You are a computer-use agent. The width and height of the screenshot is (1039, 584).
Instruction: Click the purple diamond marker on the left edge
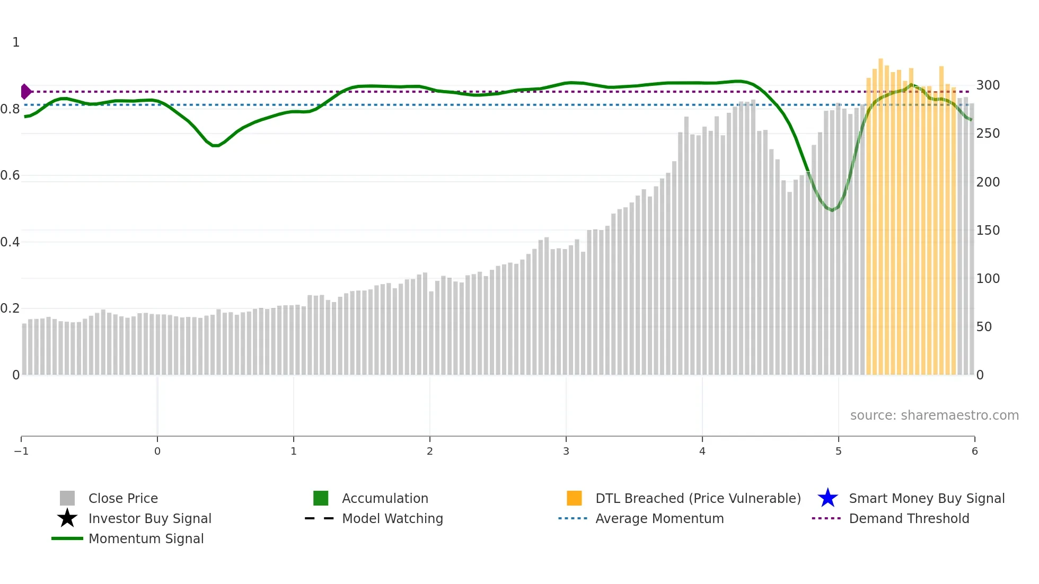[x=25, y=92]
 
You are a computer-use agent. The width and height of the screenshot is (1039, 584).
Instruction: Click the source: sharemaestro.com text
[x=934, y=415]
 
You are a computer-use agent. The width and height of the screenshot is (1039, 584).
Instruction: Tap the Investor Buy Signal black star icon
[x=67, y=518]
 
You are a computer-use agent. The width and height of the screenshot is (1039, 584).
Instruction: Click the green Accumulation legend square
[x=321, y=498]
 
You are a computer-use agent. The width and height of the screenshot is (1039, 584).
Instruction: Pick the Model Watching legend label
[x=392, y=519]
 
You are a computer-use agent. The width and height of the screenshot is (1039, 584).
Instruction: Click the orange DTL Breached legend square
[x=574, y=498]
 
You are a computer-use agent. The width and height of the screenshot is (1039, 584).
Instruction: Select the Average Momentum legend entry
[x=659, y=519]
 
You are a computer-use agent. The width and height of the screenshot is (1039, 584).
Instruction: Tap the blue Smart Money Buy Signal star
[x=827, y=498]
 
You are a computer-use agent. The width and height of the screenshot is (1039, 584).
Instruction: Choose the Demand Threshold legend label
[x=909, y=519]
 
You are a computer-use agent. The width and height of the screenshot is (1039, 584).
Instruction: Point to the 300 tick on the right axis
[x=988, y=85]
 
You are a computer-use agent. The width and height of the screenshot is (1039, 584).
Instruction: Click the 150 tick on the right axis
[x=988, y=231]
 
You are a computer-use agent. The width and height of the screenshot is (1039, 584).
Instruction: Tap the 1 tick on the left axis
[x=16, y=42]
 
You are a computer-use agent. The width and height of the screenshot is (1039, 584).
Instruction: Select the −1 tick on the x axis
[x=21, y=452]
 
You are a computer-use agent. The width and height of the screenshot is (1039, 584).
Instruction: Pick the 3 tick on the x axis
[x=566, y=452]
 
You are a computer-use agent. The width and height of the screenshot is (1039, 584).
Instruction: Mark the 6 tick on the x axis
[x=974, y=452]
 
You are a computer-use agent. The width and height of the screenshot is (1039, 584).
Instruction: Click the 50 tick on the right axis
[x=984, y=327]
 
